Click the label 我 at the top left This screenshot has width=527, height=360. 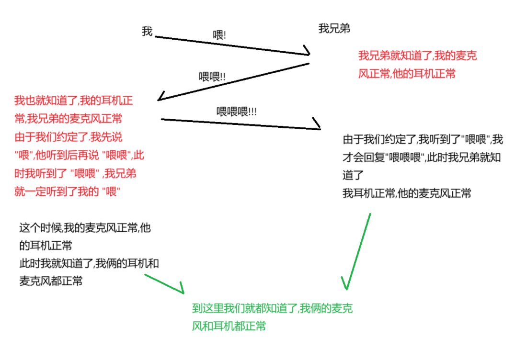point(147,32)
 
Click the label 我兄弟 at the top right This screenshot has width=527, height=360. point(334,29)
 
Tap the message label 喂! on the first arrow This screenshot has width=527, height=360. point(219,35)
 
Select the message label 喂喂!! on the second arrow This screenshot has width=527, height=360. point(212,77)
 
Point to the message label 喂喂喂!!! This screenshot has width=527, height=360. point(237,112)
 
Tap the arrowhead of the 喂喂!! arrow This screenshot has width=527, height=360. point(161,98)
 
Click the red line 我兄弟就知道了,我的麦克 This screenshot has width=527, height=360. point(417,56)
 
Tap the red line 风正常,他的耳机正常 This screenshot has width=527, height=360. point(407,74)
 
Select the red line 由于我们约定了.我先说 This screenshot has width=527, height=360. point(68,137)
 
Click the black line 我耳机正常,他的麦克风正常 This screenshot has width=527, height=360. point(407,193)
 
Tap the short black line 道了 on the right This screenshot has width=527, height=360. point(354,175)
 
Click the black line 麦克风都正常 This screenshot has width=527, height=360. point(51,281)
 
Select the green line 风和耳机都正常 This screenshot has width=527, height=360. point(229,326)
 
